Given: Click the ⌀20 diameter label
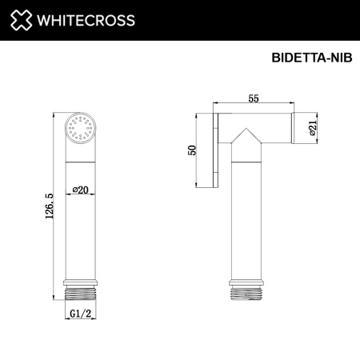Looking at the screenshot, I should (x=80, y=189).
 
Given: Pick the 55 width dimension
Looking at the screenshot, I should (x=254, y=97).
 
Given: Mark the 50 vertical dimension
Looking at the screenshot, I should (x=190, y=152).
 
